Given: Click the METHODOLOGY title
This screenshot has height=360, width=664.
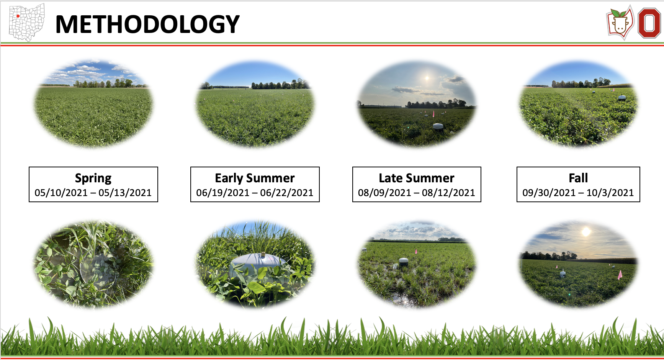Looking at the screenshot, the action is pyautogui.click(x=147, y=24).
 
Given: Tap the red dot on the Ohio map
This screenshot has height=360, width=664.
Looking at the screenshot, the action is pyautogui.click(x=18, y=16).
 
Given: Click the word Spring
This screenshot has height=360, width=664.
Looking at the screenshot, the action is pyautogui.click(x=93, y=178).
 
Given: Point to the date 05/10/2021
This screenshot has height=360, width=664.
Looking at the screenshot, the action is pyautogui.click(x=61, y=193).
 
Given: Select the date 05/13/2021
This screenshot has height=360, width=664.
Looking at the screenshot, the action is pyautogui.click(x=125, y=193).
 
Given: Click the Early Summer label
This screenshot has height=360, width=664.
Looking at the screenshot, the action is pyautogui.click(x=255, y=178).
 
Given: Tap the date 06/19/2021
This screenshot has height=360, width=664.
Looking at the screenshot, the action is pyautogui.click(x=223, y=193).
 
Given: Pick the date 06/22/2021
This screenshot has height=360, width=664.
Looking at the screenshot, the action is pyautogui.click(x=287, y=193).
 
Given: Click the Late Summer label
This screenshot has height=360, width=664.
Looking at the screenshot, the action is pyautogui.click(x=417, y=178).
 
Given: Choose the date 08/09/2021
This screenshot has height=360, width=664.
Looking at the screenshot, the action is pyautogui.click(x=384, y=193).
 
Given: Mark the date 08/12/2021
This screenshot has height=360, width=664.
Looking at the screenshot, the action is pyautogui.click(x=448, y=193).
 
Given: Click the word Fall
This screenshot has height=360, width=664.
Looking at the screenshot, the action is pyautogui.click(x=578, y=178).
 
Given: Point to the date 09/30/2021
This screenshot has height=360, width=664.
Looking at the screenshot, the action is pyautogui.click(x=549, y=193).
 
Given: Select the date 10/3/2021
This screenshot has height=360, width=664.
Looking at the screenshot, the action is pyautogui.click(x=610, y=193).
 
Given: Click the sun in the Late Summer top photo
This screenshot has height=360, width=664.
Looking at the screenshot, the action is pyautogui.click(x=427, y=79).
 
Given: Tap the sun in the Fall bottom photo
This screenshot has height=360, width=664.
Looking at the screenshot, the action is pyautogui.click(x=586, y=232).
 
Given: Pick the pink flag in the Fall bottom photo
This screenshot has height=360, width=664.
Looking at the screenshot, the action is pyautogui.click(x=620, y=275).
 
